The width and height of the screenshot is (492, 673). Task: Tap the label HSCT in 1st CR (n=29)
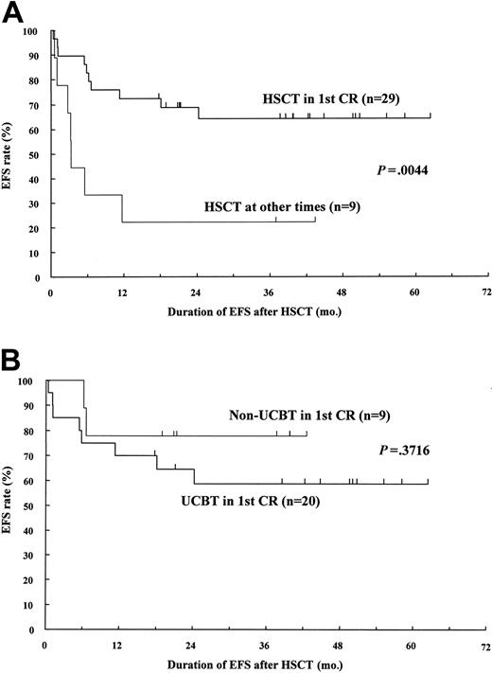click(335, 98)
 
